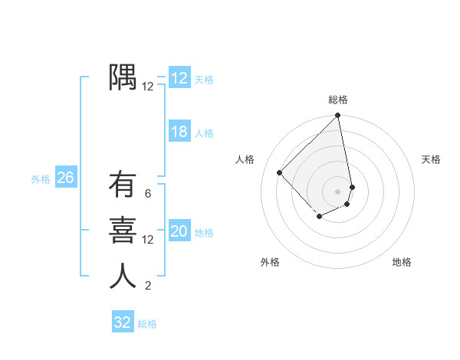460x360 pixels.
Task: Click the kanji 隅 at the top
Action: (123, 77)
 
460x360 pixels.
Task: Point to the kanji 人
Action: (123, 276)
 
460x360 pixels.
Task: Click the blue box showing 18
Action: (179, 132)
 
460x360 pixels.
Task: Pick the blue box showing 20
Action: (179, 231)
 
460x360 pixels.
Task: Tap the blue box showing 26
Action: (65, 178)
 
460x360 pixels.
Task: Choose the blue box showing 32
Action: (122, 322)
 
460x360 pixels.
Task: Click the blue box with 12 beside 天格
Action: (179, 78)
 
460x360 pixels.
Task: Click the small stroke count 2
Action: (148, 286)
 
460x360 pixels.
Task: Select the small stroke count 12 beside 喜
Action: (148, 240)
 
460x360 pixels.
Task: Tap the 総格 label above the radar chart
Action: (338, 100)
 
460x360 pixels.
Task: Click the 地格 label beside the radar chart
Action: (402, 262)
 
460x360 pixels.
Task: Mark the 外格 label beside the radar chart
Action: (270, 262)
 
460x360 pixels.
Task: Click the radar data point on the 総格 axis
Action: (337, 116)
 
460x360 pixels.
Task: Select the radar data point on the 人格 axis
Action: (280, 172)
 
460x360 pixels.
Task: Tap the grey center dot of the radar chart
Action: (337, 191)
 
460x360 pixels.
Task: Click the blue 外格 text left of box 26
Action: (41, 179)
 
